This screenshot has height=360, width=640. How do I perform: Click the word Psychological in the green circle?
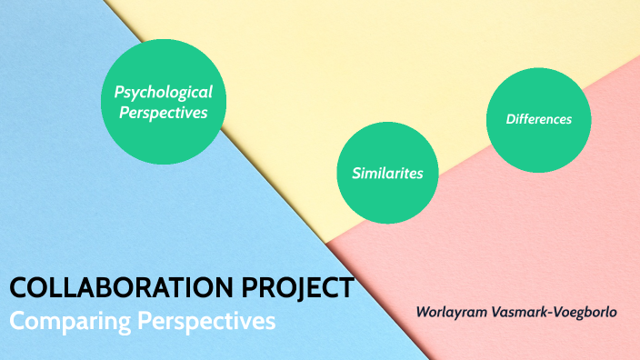click(164, 92)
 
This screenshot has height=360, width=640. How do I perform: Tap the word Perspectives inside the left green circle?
click(164, 114)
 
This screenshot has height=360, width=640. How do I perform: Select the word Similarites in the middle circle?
click(387, 173)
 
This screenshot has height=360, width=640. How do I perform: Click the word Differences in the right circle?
click(539, 119)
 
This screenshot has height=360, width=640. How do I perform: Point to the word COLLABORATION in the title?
click(111, 289)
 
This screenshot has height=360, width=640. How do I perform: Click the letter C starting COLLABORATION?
click(19, 289)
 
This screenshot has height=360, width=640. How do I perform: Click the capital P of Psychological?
click(118, 92)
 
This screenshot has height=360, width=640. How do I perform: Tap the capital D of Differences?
click(510, 119)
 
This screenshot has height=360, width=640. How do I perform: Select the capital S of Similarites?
click(355, 173)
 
